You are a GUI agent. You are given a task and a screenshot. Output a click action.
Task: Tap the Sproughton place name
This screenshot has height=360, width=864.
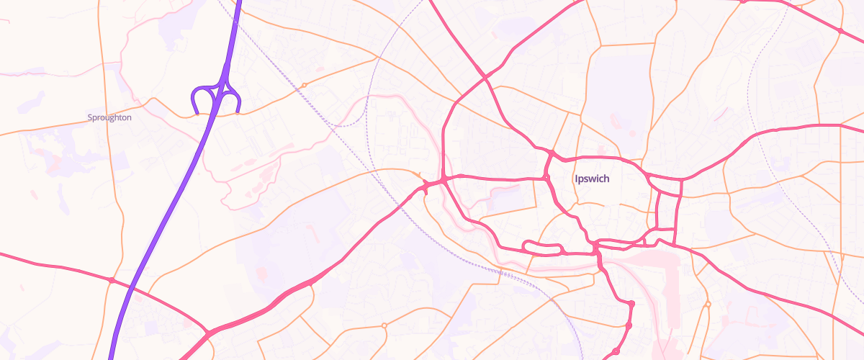109,117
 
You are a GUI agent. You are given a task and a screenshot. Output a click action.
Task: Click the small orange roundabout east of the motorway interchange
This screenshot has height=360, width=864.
305,85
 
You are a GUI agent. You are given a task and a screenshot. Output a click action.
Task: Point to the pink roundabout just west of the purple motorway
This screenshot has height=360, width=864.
112,280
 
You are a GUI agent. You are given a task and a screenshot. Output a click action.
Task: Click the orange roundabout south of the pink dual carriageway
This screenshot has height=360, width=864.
384,325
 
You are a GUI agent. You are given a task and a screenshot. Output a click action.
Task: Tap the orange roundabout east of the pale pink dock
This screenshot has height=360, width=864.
708,305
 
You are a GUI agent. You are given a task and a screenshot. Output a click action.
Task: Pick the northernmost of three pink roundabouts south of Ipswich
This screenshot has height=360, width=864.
631,305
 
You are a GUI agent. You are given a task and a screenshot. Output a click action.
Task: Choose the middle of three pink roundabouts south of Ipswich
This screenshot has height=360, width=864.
629,326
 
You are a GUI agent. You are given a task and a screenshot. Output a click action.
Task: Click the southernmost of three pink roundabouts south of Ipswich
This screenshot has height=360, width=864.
616,351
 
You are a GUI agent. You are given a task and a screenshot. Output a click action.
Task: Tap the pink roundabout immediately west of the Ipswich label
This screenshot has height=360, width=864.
546,178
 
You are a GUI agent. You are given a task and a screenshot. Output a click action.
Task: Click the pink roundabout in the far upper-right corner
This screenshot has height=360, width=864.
840,31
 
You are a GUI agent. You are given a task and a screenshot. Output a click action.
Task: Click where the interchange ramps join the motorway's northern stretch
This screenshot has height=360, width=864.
226,69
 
